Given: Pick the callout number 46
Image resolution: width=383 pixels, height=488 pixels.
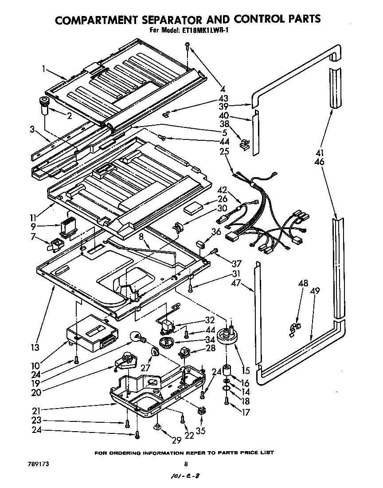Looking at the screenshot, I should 319,162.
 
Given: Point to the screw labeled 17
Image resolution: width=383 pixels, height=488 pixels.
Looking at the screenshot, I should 227,402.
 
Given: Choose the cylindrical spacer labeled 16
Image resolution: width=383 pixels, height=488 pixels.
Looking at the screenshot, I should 227,370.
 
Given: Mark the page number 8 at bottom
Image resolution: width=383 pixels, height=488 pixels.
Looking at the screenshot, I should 186,464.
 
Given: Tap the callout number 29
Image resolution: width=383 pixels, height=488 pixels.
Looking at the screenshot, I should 176,440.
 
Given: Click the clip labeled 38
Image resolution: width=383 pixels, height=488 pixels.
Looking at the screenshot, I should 244,144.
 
